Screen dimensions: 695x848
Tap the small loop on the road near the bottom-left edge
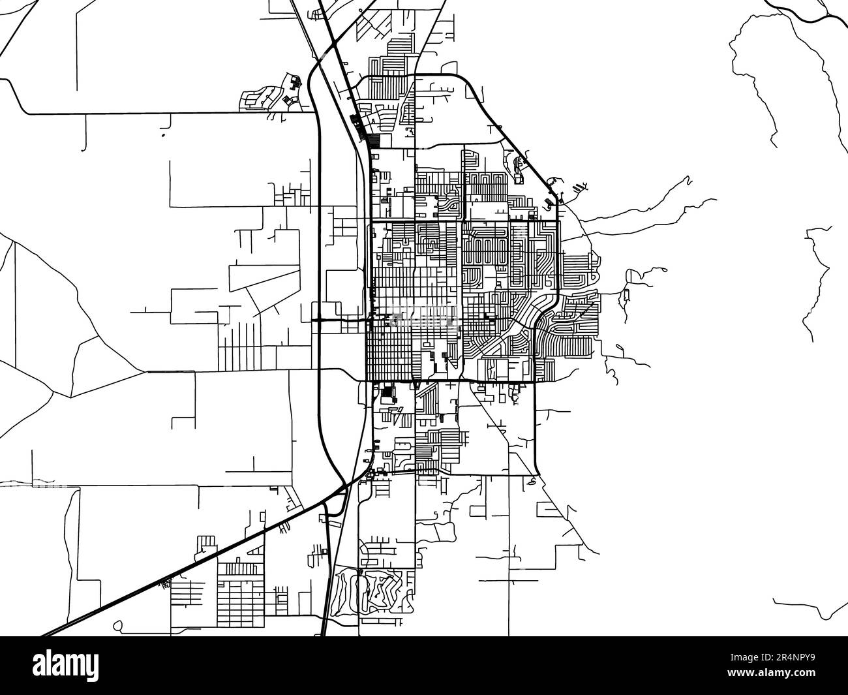click(117, 626)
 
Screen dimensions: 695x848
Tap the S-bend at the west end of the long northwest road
click(16, 98)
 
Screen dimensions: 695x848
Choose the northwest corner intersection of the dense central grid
click(371, 223)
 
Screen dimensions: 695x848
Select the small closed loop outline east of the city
click(626, 294)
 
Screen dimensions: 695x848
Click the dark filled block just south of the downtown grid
click(389, 394)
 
